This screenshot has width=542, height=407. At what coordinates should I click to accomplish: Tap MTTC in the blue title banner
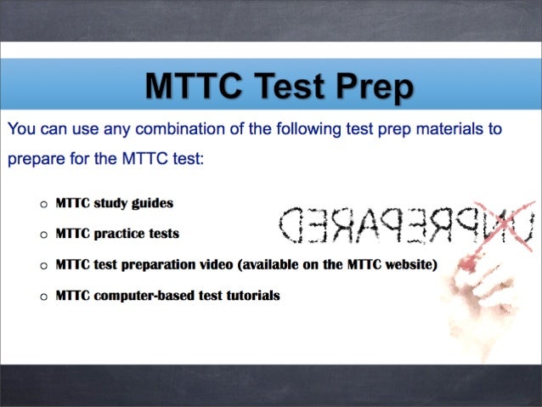[191, 87]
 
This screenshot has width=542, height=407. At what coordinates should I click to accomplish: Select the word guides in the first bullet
[152, 204]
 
